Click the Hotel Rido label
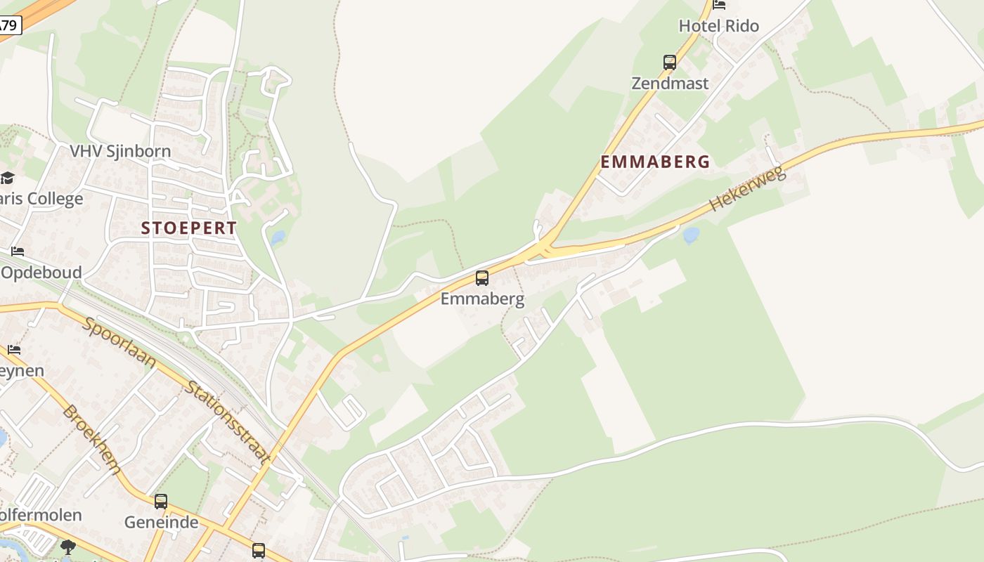click(718, 26)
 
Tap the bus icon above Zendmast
click(670, 62)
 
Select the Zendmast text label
click(670, 83)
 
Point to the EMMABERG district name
click(655, 162)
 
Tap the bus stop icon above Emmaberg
click(482, 277)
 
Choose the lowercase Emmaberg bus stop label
click(482, 299)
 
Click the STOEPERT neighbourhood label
click(189, 228)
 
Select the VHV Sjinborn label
click(120, 151)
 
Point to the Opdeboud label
click(41, 273)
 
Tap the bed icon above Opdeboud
click(18, 251)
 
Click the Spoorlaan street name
click(119, 342)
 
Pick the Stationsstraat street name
click(228, 423)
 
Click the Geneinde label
click(161, 523)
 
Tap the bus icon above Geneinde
click(161, 502)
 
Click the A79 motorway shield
click(9, 26)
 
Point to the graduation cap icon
click(7, 178)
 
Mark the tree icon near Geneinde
click(68, 546)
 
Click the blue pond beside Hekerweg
click(691, 234)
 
